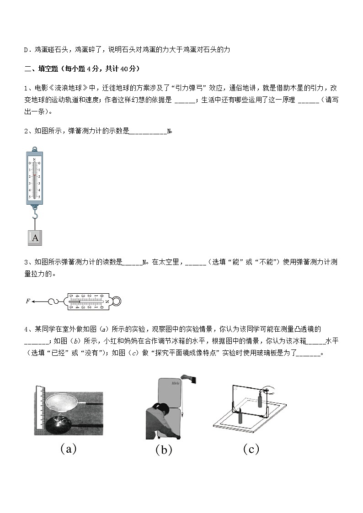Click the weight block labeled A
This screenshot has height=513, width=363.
pos(35,237)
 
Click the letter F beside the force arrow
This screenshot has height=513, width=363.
pos(28,301)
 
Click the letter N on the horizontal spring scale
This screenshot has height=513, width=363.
pos(107,301)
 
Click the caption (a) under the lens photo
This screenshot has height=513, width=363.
pos(68,449)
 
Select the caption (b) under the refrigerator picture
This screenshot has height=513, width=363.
pos(163,450)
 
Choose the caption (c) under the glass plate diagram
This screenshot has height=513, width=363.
pos(251,449)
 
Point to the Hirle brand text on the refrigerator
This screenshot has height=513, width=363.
pos(176,384)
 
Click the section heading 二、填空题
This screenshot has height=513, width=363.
pos(43,69)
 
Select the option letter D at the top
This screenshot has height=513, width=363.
pos(26,49)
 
